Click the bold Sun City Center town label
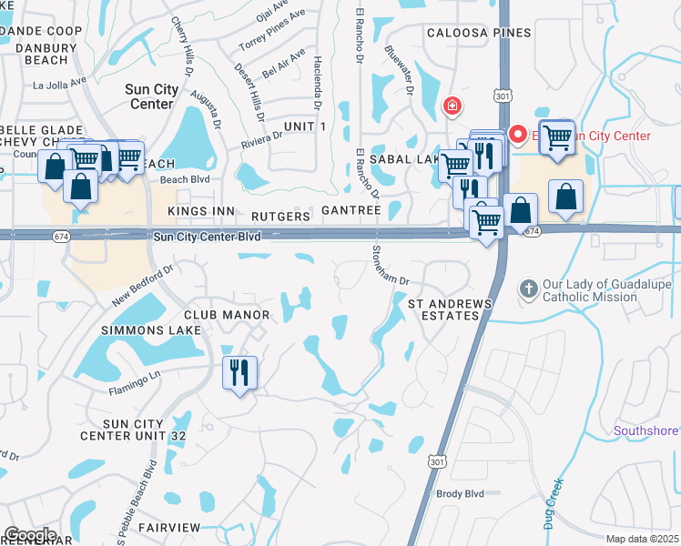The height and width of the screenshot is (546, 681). click(148, 96)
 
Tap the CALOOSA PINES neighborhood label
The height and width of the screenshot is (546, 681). click(480, 33)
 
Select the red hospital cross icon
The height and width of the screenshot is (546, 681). click(451, 107)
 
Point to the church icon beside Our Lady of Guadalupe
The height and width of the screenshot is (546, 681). click(528, 289)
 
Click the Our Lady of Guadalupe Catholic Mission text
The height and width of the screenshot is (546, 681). click(606, 290)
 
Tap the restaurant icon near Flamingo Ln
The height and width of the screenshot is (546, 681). click(240, 372)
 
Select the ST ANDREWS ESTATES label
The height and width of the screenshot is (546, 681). click(449, 308)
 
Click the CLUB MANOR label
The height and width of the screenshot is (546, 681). click(232, 315)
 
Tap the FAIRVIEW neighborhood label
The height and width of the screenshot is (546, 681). click(169, 527)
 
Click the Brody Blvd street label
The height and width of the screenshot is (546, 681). click(459, 492)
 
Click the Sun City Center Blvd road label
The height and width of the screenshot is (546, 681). click(208, 236)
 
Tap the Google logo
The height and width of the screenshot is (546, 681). click(30, 534)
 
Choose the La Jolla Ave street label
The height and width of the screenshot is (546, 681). click(58, 86)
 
